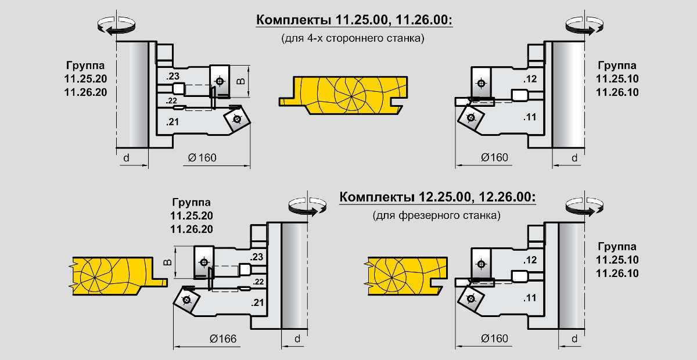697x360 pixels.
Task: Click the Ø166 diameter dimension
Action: click(223, 339)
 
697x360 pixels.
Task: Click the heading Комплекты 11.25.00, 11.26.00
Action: click(354, 20)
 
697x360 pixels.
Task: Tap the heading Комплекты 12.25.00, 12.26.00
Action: click(437, 197)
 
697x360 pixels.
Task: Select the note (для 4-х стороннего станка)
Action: click(353, 38)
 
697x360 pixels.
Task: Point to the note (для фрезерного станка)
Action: click(437, 215)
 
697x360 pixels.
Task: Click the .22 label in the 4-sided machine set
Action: click(171, 101)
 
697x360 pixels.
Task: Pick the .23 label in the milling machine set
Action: click(256, 257)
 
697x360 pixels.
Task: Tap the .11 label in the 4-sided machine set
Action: click(530, 117)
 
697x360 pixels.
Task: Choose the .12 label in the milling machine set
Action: click(530, 260)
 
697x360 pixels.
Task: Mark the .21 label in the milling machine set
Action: click(257, 303)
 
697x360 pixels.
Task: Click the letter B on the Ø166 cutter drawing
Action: click(167, 262)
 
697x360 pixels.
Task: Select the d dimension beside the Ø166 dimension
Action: click(297, 339)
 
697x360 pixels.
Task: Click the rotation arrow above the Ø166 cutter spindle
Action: click(307, 206)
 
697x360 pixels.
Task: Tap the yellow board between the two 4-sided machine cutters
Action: click(343, 95)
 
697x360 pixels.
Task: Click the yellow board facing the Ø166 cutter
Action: click(118, 276)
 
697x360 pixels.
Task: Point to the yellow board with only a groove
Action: click(406, 276)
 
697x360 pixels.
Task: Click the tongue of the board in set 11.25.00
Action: click(286, 102)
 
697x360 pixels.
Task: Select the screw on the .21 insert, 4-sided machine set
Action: click(237, 119)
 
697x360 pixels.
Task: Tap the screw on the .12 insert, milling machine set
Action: click(482, 264)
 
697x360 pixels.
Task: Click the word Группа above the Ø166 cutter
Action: click(191, 202)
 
